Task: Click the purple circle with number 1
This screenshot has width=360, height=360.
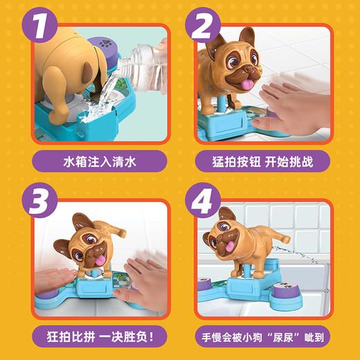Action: pyautogui.click(x=39, y=25)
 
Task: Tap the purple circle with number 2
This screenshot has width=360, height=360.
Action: pyautogui.click(x=203, y=25)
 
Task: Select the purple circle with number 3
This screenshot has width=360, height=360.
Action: pyautogui.click(x=39, y=200)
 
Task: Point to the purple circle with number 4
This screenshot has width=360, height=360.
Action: pyautogui.click(x=203, y=200)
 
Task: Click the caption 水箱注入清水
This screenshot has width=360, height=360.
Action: pyautogui.click(x=100, y=161)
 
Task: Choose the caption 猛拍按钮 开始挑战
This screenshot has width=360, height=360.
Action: pyautogui.click(x=262, y=161)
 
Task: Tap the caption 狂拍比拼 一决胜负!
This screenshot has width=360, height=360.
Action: pyautogui.click(x=100, y=336)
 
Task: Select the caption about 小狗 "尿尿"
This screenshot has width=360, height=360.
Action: pyautogui.click(x=262, y=337)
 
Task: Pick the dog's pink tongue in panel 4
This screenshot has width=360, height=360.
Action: pyautogui.click(x=230, y=246)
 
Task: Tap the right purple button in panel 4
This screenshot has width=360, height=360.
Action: pyautogui.click(x=285, y=290)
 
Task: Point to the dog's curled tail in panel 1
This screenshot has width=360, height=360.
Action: pyautogui.click(x=88, y=72)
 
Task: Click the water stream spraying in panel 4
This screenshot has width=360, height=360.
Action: pyautogui.click(x=296, y=254)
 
